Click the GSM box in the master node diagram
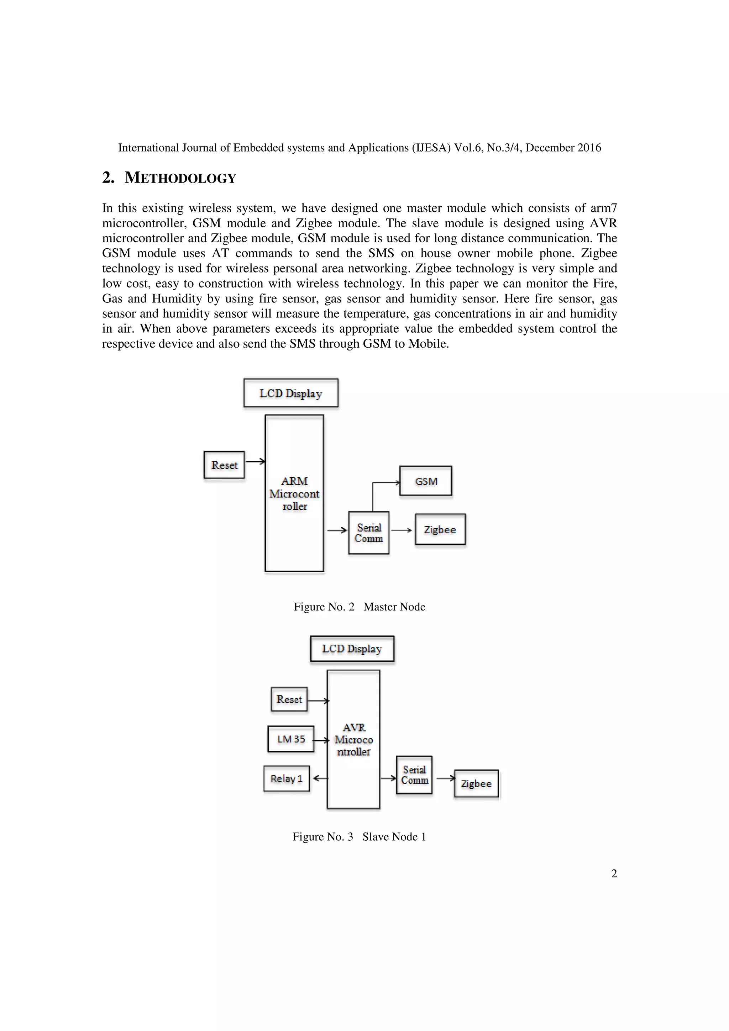pyautogui.click(x=425, y=481)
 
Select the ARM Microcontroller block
pyautogui.click(x=294, y=493)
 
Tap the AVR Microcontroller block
pyautogui.click(x=353, y=740)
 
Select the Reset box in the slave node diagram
pyautogui.click(x=289, y=699)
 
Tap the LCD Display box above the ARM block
pyautogui.click(x=290, y=393)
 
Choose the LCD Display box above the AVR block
pyautogui.click(x=352, y=649)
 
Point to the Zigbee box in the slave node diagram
pyautogui.click(x=476, y=784)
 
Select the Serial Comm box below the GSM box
pyautogui.click(x=369, y=533)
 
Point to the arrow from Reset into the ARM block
pyautogui.click(x=255, y=461)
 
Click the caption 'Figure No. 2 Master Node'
pyautogui.click(x=359, y=607)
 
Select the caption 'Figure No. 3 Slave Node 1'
pyautogui.click(x=359, y=836)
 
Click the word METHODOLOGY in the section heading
pyautogui.click(x=180, y=178)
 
